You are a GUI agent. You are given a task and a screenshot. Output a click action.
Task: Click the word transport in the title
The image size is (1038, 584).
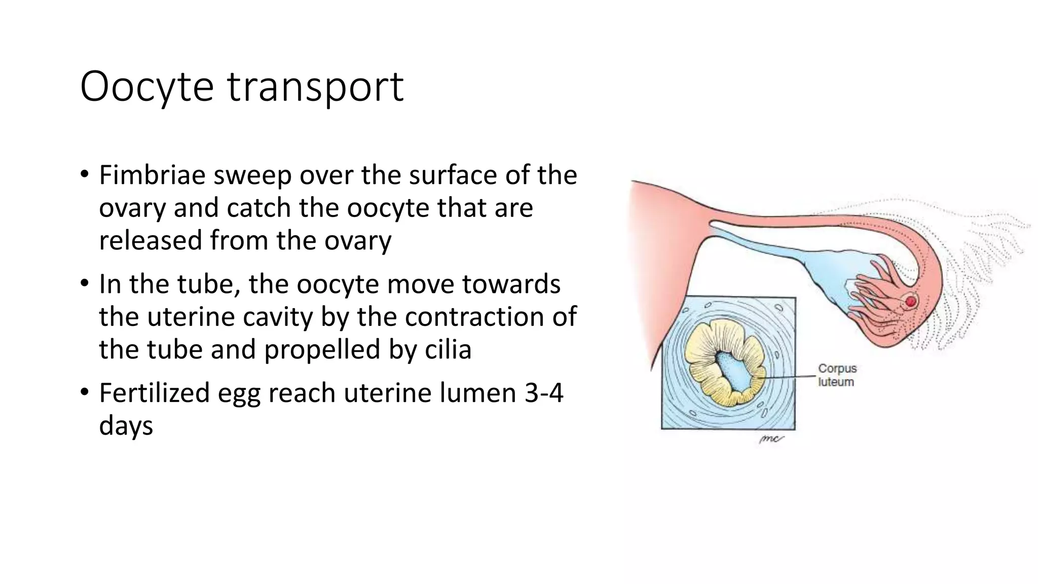[x=315, y=87]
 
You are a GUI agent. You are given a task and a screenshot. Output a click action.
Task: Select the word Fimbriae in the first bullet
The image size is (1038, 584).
[x=152, y=175]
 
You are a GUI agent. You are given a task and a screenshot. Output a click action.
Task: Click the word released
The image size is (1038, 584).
[x=151, y=240]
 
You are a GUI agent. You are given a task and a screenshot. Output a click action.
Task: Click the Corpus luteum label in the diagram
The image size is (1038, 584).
[x=837, y=375]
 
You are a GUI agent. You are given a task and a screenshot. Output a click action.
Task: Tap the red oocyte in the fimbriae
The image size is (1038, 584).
[x=911, y=302]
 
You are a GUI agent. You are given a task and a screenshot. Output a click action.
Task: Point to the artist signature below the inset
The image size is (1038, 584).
[x=770, y=439]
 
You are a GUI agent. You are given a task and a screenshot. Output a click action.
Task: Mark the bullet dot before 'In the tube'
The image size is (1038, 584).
[x=85, y=284]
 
